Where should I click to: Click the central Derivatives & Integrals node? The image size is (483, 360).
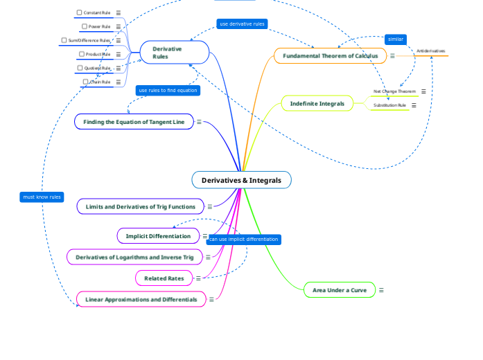coord(241,180)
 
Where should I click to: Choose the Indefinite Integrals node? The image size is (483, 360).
coord(317,103)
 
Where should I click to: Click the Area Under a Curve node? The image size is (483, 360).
coord(339,290)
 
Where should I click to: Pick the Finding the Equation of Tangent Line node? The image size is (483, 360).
coord(134,122)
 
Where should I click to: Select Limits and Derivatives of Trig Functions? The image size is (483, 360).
coord(140,206)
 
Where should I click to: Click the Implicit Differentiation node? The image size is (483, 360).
coord(158,236)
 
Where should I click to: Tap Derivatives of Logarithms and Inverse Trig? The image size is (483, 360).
coord(134,257)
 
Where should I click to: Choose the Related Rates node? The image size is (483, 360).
coord(164,278)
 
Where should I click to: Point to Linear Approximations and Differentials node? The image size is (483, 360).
coord(141,299)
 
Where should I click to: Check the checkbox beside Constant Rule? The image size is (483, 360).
coord(79,12)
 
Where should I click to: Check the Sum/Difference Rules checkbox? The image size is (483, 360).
coord(64,40)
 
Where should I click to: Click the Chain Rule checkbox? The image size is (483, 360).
coord(85,82)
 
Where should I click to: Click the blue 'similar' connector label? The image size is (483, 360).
coord(395,39)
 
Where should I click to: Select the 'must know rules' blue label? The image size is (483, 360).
coord(42,197)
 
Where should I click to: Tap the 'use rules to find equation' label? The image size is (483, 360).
coord(168,90)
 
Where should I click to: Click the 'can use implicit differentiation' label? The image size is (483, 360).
coord(243,240)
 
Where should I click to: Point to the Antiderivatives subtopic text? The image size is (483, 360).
coord(431,51)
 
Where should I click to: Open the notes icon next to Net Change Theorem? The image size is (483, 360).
coord(423,91)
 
